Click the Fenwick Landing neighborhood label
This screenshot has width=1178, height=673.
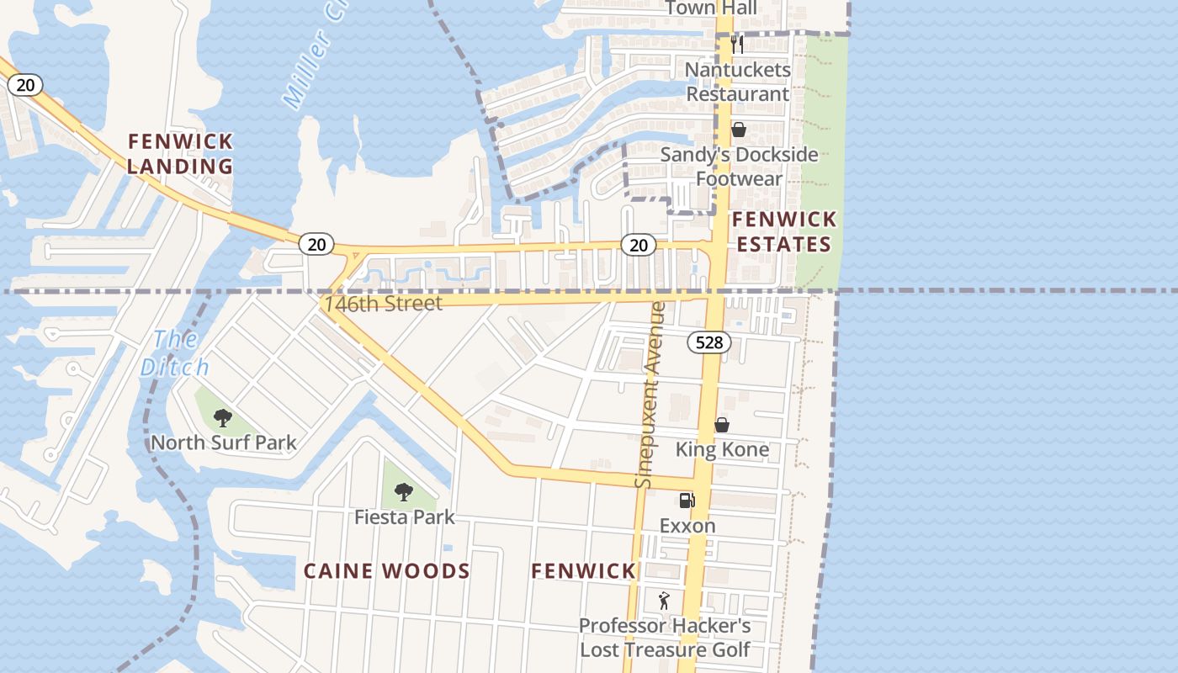(180, 154)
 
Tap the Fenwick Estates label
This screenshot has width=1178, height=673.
(783, 232)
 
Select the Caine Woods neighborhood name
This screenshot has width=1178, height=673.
(386, 571)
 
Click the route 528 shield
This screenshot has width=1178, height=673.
(708, 342)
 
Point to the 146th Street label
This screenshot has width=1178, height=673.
(384, 303)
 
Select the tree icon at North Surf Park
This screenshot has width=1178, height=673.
(222, 417)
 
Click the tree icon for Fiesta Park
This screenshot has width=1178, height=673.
(404, 491)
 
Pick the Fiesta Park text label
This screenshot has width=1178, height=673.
(404, 517)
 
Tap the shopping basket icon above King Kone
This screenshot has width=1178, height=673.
(721, 425)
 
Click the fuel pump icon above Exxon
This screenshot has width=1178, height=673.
(687, 501)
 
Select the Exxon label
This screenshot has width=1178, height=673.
(687, 526)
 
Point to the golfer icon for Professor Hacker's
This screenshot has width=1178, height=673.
(664, 601)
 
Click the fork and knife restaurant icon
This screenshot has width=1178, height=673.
(737, 44)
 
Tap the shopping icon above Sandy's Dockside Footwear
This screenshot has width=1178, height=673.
(738, 130)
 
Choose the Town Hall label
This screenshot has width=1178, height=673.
(711, 8)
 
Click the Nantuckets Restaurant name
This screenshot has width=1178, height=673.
(738, 82)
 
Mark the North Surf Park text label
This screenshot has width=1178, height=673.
(223, 442)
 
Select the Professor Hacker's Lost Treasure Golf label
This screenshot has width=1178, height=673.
(665, 638)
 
